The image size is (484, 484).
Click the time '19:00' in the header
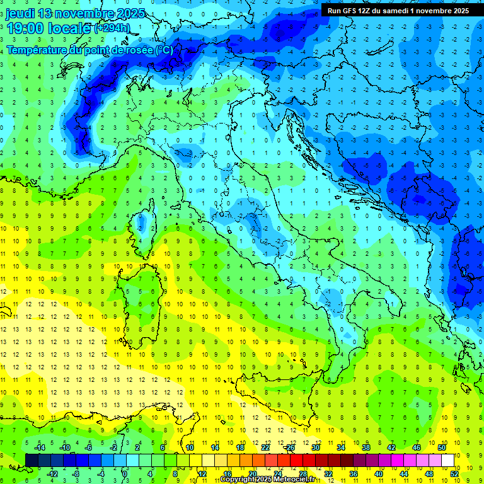(x=25, y=28)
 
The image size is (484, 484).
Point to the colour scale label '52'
(x=454, y=473)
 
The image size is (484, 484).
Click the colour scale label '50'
(x=442, y=447)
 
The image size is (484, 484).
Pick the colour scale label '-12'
(x=52, y=473)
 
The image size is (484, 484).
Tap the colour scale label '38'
(x=366, y=447)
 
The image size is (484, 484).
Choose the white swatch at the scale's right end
(x=448, y=460)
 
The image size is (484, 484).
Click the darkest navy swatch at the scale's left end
(x=32, y=460)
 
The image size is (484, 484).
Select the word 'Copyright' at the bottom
(x=238, y=480)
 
